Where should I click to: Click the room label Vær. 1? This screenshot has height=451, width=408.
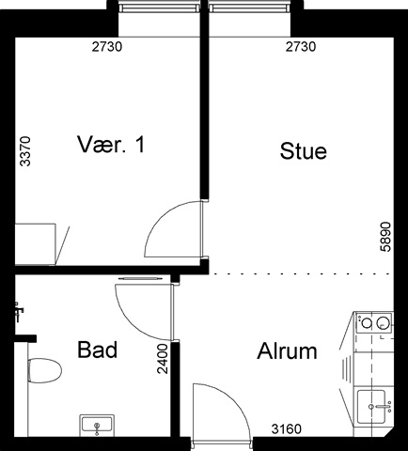click(x=111, y=145)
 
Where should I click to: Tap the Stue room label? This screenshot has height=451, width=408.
click(x=303, y=151)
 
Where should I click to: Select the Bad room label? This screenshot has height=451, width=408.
click(x=98, y=350)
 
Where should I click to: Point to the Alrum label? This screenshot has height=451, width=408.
click(x=287, y=351)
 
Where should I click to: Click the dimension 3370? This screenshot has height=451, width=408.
click(x=25, y=151)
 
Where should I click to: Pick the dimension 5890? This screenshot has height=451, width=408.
click(x=385, y=237)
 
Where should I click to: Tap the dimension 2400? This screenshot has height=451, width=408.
click(x=163, y=359)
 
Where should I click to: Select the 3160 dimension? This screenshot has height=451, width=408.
click(x=287, y=429)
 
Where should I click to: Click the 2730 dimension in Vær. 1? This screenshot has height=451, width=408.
click(x=107, y=47)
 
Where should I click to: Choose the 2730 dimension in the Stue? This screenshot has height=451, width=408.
click(x=301, y=47)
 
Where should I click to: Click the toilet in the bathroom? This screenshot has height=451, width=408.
click(x=44, y=370)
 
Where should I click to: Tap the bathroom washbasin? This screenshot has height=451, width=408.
click(x=97, y=426)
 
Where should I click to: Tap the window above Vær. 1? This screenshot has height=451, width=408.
click(x=159, y=8)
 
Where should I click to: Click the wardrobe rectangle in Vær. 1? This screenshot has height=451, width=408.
click(x=36, y=244)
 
